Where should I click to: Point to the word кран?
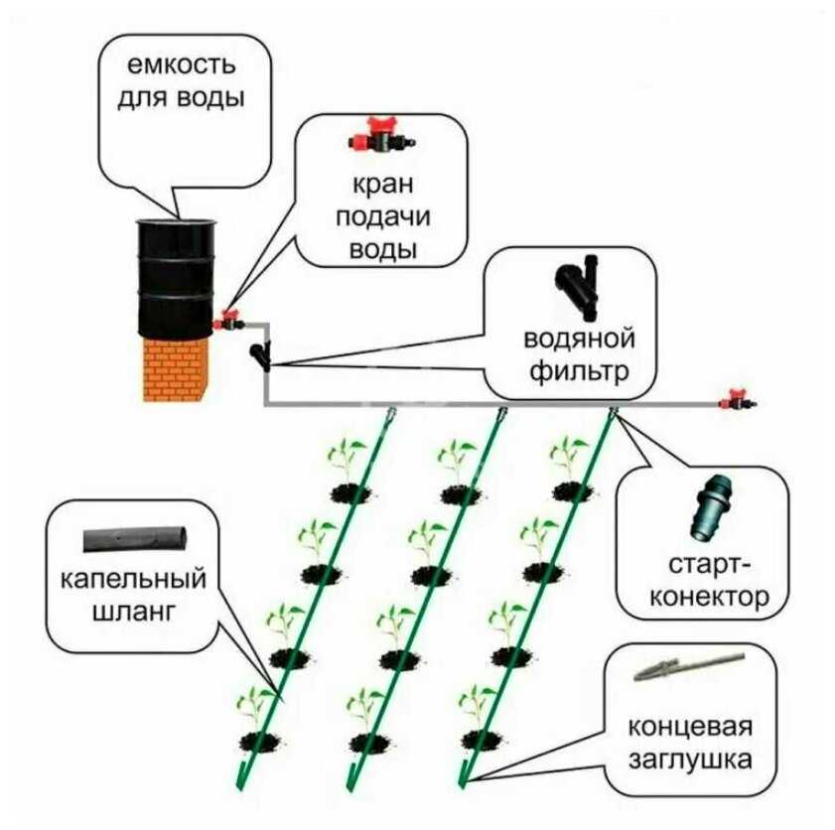383,187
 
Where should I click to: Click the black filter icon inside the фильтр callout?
583,288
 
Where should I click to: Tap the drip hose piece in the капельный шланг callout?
135,540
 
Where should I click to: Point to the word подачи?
383,217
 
